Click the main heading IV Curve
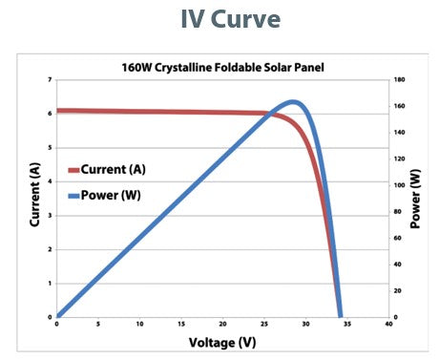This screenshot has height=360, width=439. (x=219, y=20)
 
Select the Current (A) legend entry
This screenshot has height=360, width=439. (x=112, y=169)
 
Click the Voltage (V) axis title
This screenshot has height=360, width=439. (x=221, y=341)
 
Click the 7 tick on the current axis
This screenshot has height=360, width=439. (x=49, y=79)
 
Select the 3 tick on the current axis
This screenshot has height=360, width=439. (x=49, y=215)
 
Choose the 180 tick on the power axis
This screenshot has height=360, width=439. (x=400, y=79)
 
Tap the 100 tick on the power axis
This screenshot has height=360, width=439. (x=400, y=184)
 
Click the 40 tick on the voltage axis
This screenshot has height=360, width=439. (x=388, y=325)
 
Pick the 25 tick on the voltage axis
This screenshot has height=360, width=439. (x=264, y=325)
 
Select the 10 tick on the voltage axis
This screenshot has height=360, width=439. (x=140, y=325)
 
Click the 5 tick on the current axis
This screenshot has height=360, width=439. (x=49, y=147)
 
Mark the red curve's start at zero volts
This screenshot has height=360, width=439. (x=58, y=111)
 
